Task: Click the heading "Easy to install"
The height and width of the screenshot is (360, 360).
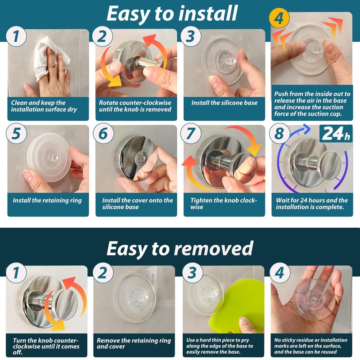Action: tap(172, 14)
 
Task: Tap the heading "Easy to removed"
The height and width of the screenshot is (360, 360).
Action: tap(180, 249)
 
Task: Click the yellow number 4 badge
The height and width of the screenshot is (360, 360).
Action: tap(279, 18)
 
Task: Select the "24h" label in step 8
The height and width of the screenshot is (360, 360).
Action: tap(336, 133)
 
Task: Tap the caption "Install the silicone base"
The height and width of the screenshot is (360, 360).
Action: tap(224, 103)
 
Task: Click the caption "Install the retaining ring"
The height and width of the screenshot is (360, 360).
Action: tap(47, 200)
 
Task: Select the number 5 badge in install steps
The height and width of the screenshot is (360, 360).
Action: tap(16, 134)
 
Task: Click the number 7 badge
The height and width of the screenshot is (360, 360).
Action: tap(190, 134)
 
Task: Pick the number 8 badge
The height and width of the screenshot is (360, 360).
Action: tap(279, 134)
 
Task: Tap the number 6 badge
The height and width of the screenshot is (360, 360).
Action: tap(103, 134)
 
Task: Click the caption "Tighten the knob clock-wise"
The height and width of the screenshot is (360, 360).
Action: tap(223, 204)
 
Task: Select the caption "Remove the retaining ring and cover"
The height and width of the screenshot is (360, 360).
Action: tap(134, 343)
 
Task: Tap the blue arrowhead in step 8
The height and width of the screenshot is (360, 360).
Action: tap(306, 129)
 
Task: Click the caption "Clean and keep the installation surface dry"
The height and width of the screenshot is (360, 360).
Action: tap(44, 106)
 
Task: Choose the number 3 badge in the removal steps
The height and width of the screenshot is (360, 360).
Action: tap(193, 273)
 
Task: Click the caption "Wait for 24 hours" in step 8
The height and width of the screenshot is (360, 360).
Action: tap(300, 200)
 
